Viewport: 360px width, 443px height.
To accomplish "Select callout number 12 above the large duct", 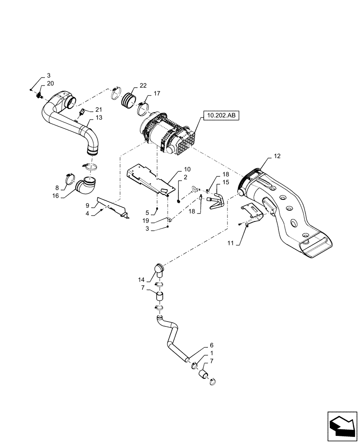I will pos(277,156).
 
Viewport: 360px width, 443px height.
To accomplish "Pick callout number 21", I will pos(98,110).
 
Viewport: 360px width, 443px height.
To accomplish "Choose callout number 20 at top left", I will pos(50,83).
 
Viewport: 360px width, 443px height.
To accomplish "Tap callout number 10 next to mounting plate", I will pos(175,169).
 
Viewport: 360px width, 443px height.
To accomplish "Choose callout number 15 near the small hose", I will pos(225,182).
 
